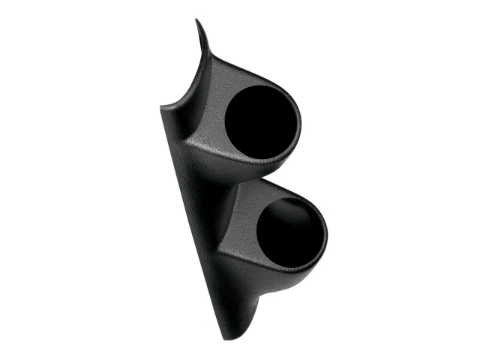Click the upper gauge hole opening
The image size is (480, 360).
click(x=261, y=120)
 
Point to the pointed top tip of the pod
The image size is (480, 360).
click(x=196, y=21)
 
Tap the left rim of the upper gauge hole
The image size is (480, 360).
click(x=224, y=120)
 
